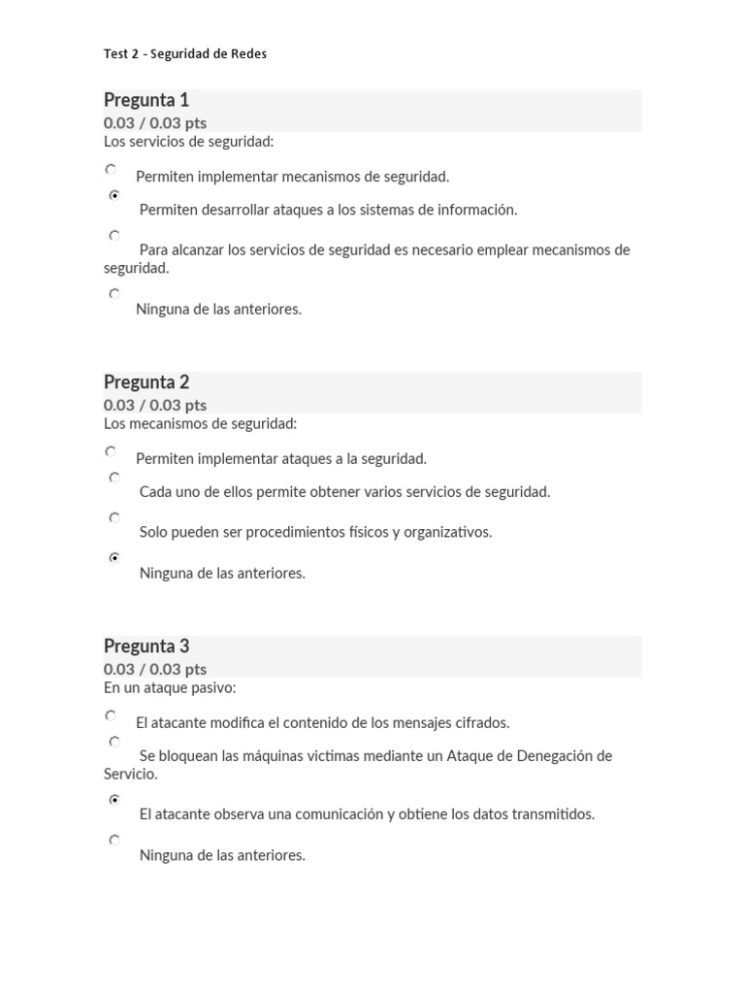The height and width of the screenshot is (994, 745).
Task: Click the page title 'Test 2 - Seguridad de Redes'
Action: point(184,54)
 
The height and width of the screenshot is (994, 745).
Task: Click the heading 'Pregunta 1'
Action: point(146,100)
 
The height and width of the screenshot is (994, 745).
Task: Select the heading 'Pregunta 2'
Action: point(146,382)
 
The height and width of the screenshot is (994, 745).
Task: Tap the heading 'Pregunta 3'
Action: point(146,646)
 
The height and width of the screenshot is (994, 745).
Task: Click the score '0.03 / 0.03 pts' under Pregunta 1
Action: point(155,123)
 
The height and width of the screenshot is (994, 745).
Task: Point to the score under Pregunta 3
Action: point(155,670)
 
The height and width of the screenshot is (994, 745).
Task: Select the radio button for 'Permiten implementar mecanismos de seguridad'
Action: point(112,170)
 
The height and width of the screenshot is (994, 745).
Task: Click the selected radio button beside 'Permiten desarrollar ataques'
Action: point(114,195)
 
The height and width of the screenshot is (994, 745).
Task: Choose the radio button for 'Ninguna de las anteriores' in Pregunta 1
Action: point(114,294)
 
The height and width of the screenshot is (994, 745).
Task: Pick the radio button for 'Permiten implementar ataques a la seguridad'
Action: point(112,451)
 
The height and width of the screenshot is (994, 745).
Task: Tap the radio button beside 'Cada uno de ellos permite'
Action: point(114,478)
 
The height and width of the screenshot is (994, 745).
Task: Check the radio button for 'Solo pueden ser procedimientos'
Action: point(114,518)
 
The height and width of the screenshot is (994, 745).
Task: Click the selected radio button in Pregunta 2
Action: point(114,558)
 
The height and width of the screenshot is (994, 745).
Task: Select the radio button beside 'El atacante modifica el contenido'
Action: point(112,715)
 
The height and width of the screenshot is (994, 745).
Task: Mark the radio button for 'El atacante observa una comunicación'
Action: point(114,800)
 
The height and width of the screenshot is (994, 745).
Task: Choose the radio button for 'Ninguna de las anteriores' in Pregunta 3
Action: point(114,841)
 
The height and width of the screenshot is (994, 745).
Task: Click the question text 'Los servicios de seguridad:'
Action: point(189,143)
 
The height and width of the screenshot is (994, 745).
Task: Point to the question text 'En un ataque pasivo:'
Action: point(170,688)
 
